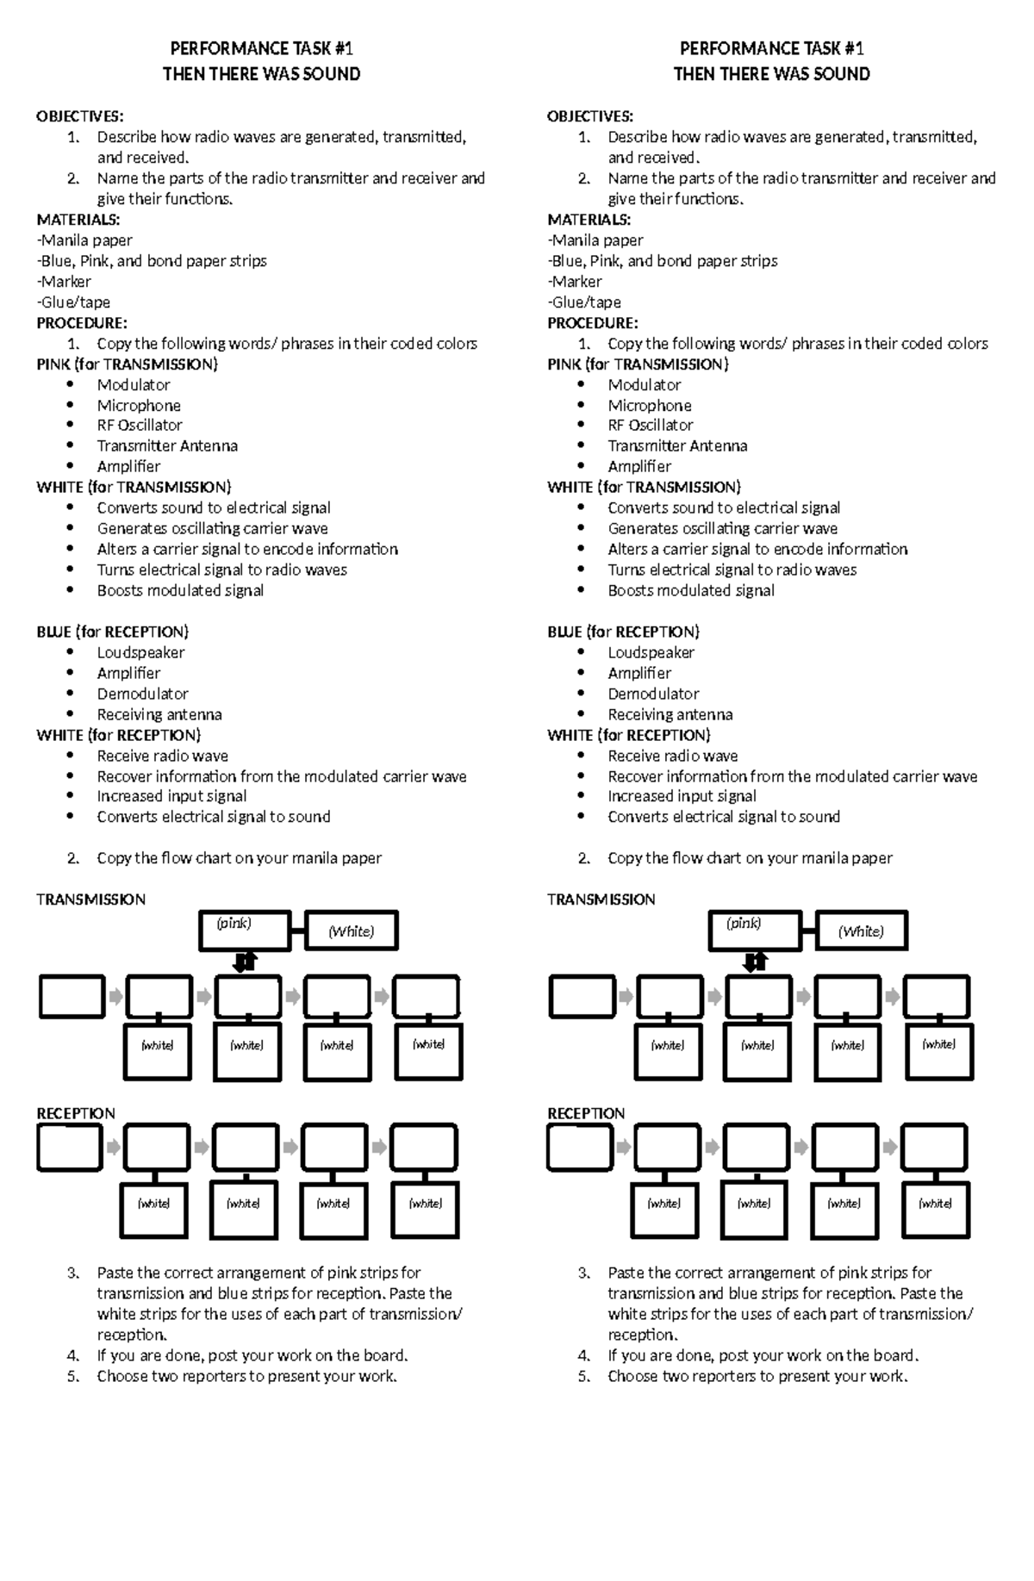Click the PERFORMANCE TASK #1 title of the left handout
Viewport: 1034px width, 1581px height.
click(261, 48)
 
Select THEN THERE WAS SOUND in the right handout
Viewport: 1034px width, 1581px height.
click(771, 74)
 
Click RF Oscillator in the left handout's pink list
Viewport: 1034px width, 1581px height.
click(140, 426)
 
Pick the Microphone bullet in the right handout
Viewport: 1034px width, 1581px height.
click(649, 405)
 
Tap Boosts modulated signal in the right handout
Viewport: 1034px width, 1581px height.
click(691, 591)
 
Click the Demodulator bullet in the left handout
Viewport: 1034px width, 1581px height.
click(142, 694)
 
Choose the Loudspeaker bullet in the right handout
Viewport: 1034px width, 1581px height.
click(651, 653)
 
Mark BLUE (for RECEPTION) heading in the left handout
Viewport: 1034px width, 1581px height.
click(112, 632)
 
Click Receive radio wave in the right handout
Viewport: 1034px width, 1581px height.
click(672, 756)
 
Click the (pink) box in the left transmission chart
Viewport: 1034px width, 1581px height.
click(245, 931)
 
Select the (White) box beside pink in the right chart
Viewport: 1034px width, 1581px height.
click(861, 931)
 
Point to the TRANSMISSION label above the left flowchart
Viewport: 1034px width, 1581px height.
click(90, 899)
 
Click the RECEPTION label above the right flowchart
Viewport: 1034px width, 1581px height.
click(586, 1114)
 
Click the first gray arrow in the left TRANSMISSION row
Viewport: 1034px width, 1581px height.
click(115, 998)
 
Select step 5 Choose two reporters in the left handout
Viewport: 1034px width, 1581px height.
click(246, 1377)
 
